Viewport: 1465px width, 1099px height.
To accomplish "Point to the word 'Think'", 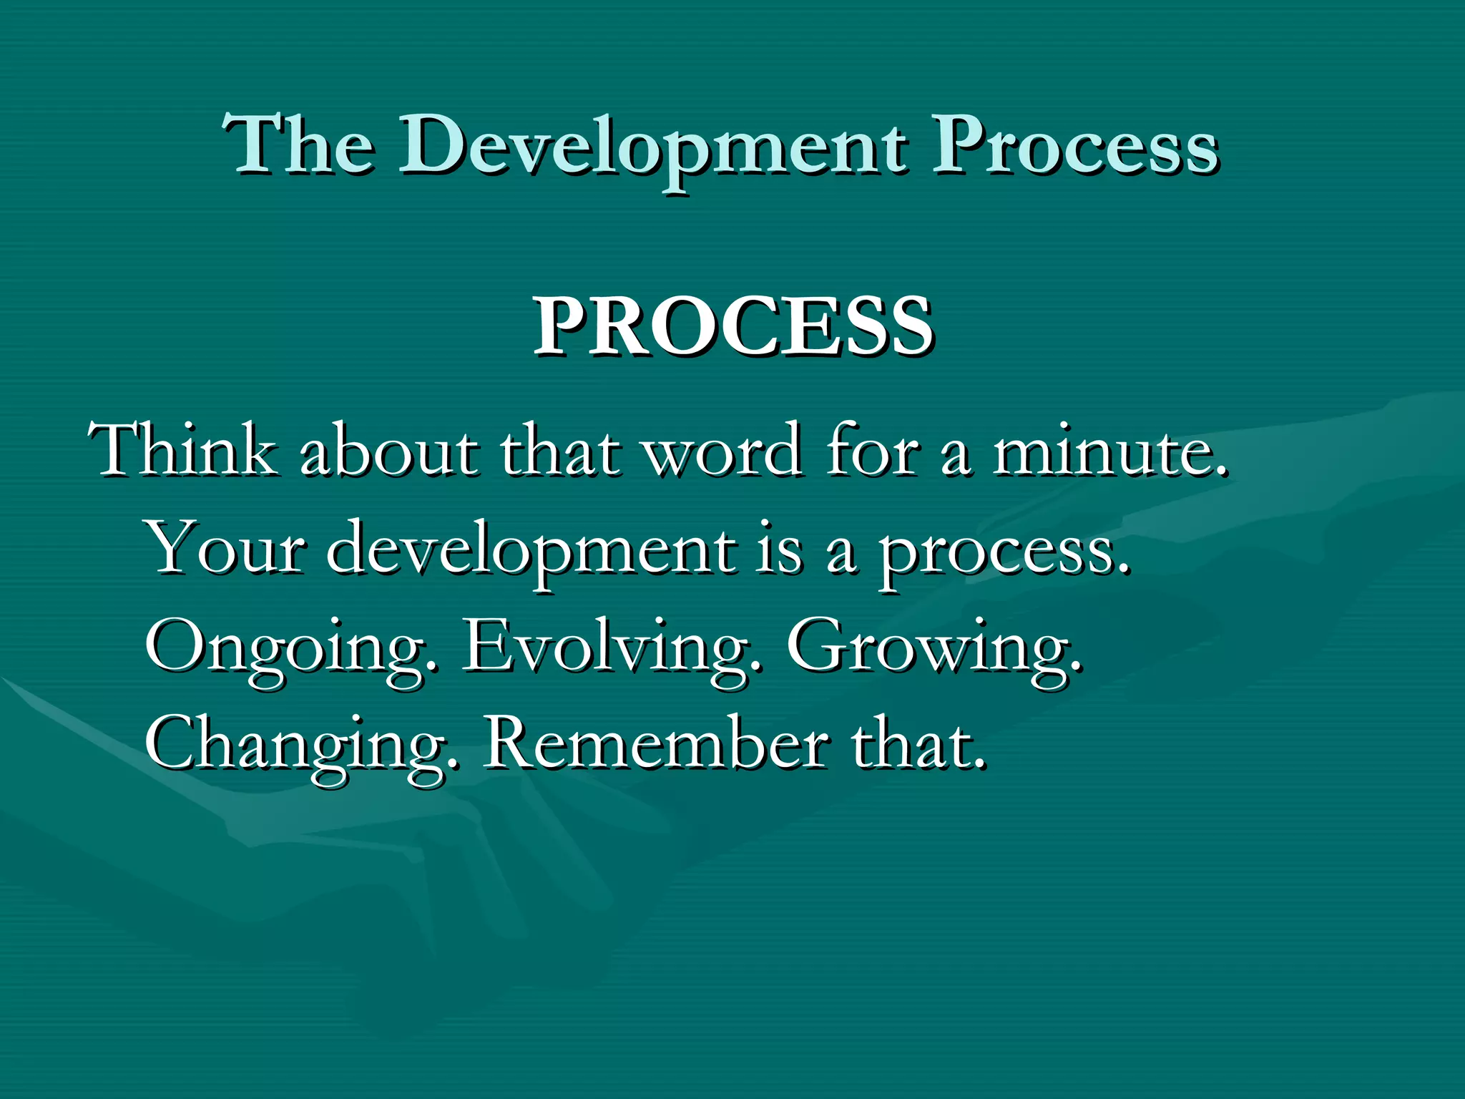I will pos(183,451).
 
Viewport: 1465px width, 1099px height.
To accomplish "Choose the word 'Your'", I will pos(227,549).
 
